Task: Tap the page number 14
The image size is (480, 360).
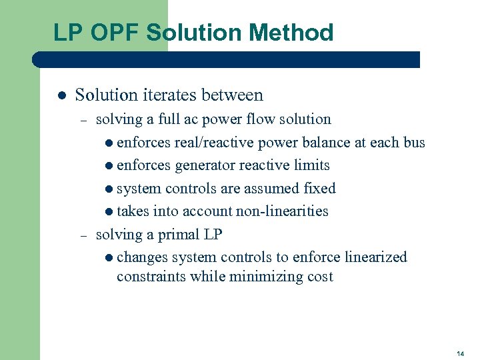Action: pos(461,352)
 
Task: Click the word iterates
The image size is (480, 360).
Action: pos(171,95)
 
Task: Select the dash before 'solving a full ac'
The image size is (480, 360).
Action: pos(83,121)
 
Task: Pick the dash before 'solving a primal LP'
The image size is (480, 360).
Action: pos(83,236)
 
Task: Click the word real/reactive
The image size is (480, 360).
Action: pos(213,143)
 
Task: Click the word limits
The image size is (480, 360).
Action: pos(311,165)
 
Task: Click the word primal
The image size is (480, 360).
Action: pos(181,235)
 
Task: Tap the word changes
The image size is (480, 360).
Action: pos(143,257)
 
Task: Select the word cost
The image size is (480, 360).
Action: pos(319,276)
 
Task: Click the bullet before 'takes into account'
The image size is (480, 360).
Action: pos(109,212)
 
